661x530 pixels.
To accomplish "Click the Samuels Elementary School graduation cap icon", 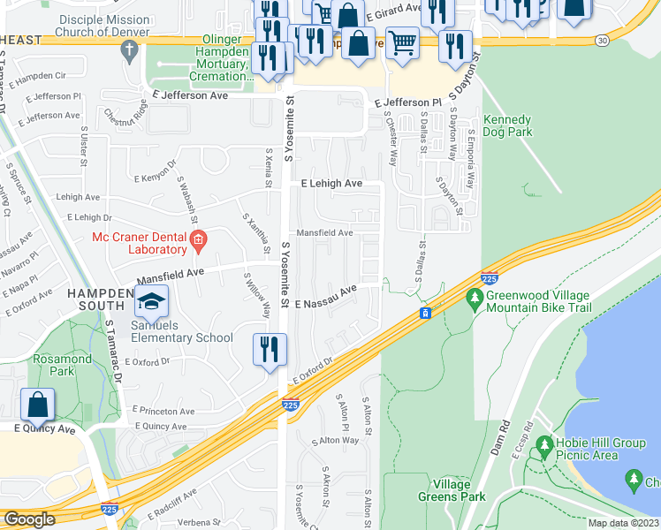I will (152, 302).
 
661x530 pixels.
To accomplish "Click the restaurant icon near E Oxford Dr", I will (269, 349).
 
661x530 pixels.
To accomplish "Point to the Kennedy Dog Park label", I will (507, 125).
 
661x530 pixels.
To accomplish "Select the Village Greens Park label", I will (460, 490).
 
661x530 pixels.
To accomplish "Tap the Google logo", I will (29, 519).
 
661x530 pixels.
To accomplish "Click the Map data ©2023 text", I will (623, 523).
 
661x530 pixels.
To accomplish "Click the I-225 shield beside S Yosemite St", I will (291, 405).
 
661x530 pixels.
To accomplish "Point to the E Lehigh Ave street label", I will (331, 184).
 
